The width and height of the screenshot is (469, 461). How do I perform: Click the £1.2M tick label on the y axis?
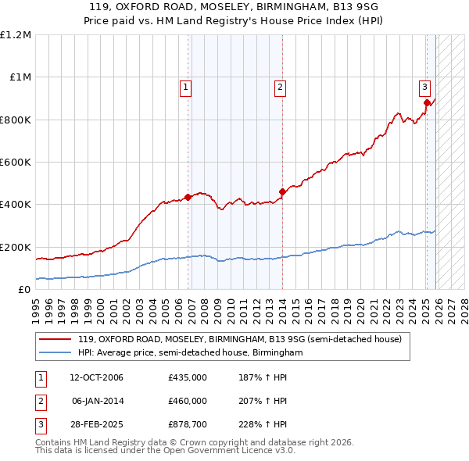pos(15,35)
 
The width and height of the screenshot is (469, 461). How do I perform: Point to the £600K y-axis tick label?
pos(15,163)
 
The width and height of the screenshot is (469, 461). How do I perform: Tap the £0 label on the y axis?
pos(24,290)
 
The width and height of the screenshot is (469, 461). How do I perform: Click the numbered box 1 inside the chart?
pos(186,88)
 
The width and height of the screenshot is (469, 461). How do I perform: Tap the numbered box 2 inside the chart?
pos(279,88)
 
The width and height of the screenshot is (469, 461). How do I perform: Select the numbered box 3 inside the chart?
pos(424,88)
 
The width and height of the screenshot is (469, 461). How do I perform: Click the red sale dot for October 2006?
pos(188,197)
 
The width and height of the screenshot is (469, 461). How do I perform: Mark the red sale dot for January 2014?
pos(282,191)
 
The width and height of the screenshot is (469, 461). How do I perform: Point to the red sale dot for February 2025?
pos(427,102)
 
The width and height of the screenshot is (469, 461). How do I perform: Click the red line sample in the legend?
pos(55,339)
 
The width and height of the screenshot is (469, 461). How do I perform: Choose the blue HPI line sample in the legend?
pos(55,353)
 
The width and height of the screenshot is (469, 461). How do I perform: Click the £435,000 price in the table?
pos(188,378)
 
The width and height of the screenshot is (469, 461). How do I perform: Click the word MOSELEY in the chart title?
pos(194,6)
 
